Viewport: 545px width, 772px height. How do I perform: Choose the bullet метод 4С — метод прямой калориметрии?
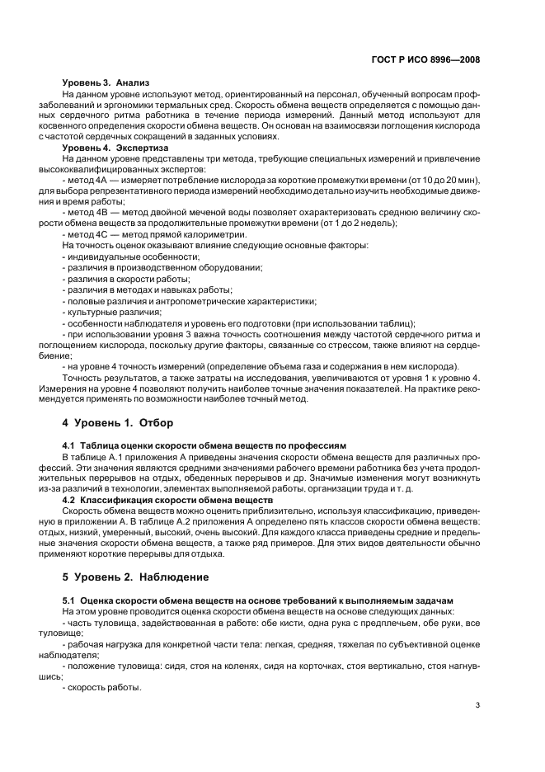pyautogui.click(x=154, y=234)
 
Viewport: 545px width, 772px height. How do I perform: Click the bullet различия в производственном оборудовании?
pyautogui.click(x=162, y=268)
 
